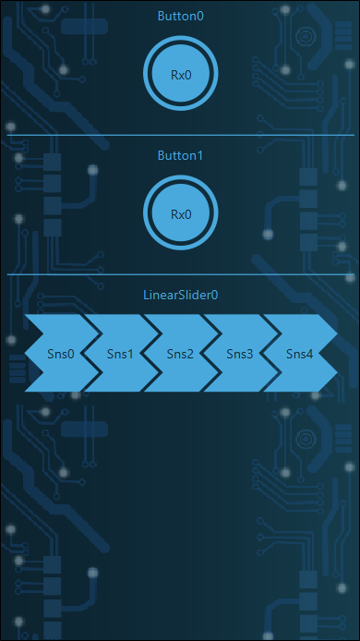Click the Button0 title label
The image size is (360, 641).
(x=181, y=16)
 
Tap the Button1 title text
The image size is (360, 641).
(x=180, y=156)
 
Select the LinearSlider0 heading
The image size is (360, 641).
(x=181, y=295)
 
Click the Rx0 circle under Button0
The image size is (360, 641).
(x=181, y=74)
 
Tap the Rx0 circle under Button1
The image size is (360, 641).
(x=181, y=213)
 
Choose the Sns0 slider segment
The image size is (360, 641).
(x=61, y=353)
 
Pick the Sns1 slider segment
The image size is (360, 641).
(x=121, y=353)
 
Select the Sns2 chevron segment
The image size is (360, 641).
(x=180, y=353)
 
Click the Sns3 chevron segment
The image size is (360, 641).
(x=240, y=353)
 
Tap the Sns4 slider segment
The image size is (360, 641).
(x=299, y=353)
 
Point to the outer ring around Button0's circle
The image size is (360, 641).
(x=181, y=38)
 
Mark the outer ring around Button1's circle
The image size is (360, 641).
(x=181, y=177)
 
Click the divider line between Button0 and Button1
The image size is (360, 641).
(x=181, y=135)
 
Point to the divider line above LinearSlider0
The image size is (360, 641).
(x=181, y=274)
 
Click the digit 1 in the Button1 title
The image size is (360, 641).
(x=199, y=156)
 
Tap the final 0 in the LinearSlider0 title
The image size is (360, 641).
(x=215, y=295)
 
